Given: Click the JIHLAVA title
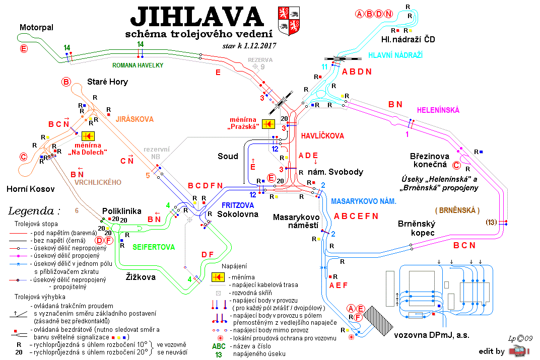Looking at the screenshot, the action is pyautogui.click(x=197, y=17).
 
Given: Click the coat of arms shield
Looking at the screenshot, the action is pyautogui.click(x=289, y=21).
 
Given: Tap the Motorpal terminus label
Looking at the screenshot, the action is pyautogui.click(x=36, y=27).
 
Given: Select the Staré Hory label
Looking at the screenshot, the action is pyautogui.click(x=107, y=82).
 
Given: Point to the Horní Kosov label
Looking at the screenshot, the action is pyautogui.click(x=31, y=189).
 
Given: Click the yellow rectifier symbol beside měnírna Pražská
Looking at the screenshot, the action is pyautogui.click(x=268, y=124).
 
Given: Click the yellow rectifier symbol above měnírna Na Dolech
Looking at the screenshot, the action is pyautogui.click(x=88, y=136).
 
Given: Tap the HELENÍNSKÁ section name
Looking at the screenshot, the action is pyautogui.click(x=438, y=110).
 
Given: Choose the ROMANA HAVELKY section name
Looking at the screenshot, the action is pyautogui.click(x=138, y=65).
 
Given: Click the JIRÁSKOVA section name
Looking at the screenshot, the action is pyautogui.click(x=134, y=119).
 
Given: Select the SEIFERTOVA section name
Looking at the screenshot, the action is pyautogui.click(x=154, y=247).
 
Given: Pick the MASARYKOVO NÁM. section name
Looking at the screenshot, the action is pyautogui.click(x=364, y=201).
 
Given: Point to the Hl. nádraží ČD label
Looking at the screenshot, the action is pyautogui.click(x=408, y=40).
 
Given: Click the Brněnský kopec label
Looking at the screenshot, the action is pyautogui.click(x=417, y=228).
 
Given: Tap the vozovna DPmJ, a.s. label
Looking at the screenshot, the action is pyautogui.click(x=432, y=335).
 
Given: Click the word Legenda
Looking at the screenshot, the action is pyautogui.click(x=31, y=210).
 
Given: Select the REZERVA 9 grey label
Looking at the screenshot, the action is pyautogui.click(x=260, y=63).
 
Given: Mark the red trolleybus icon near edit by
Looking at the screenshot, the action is pyautogui.click(x=519, y=351).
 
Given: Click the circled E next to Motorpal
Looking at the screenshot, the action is pyautogui.click(x=24, y=48).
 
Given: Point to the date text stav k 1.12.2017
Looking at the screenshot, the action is pyautogui.click(x=249, y=46).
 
